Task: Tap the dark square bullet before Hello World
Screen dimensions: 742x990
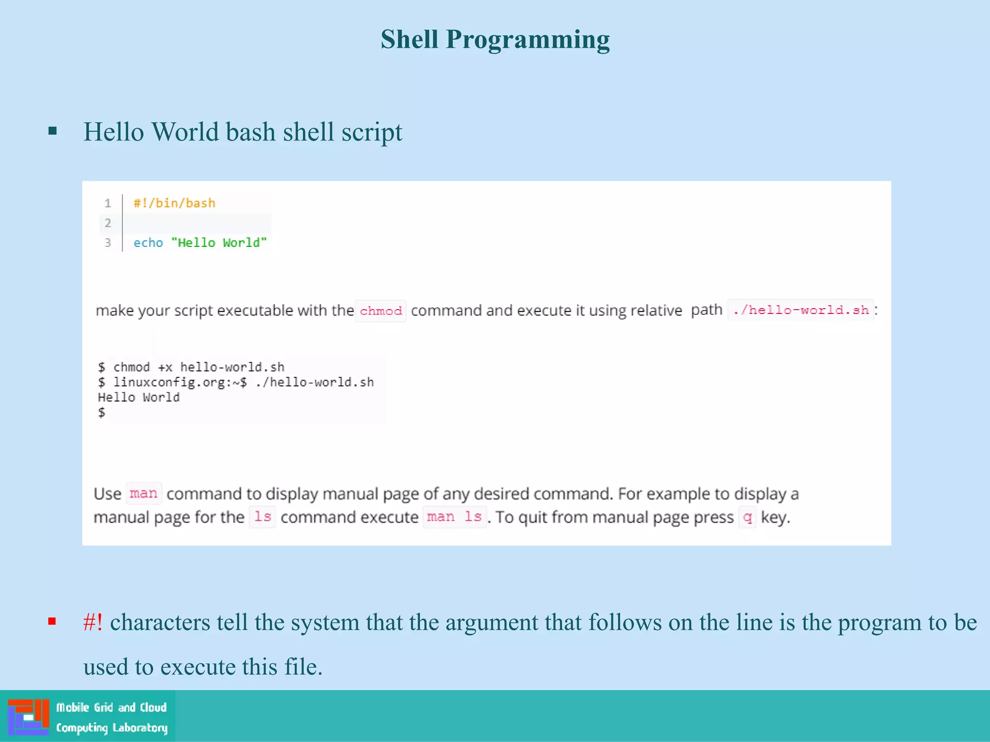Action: (53, 131)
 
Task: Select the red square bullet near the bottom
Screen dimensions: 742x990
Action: (52, 621)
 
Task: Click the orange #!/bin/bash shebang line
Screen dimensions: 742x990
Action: (174, 203)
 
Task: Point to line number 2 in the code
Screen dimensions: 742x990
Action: (108, 223)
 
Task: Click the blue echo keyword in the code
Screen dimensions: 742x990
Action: (148, 243)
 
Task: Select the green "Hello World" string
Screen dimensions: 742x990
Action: (218, 243)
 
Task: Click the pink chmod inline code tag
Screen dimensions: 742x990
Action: (380, 311)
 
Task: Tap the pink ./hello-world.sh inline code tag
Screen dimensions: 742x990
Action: (801, 310)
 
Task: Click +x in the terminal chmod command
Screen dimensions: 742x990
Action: (165, 367)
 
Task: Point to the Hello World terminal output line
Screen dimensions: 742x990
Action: (139, 397)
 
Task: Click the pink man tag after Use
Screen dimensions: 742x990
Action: (144, 493)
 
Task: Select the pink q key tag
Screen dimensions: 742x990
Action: (747, 517)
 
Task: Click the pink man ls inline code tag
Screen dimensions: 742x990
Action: (454, 517)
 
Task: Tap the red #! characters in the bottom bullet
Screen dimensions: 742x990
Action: (93, 622)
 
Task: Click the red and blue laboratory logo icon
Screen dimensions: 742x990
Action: (29, 716)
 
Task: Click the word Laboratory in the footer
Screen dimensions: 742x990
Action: (140, 728)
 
